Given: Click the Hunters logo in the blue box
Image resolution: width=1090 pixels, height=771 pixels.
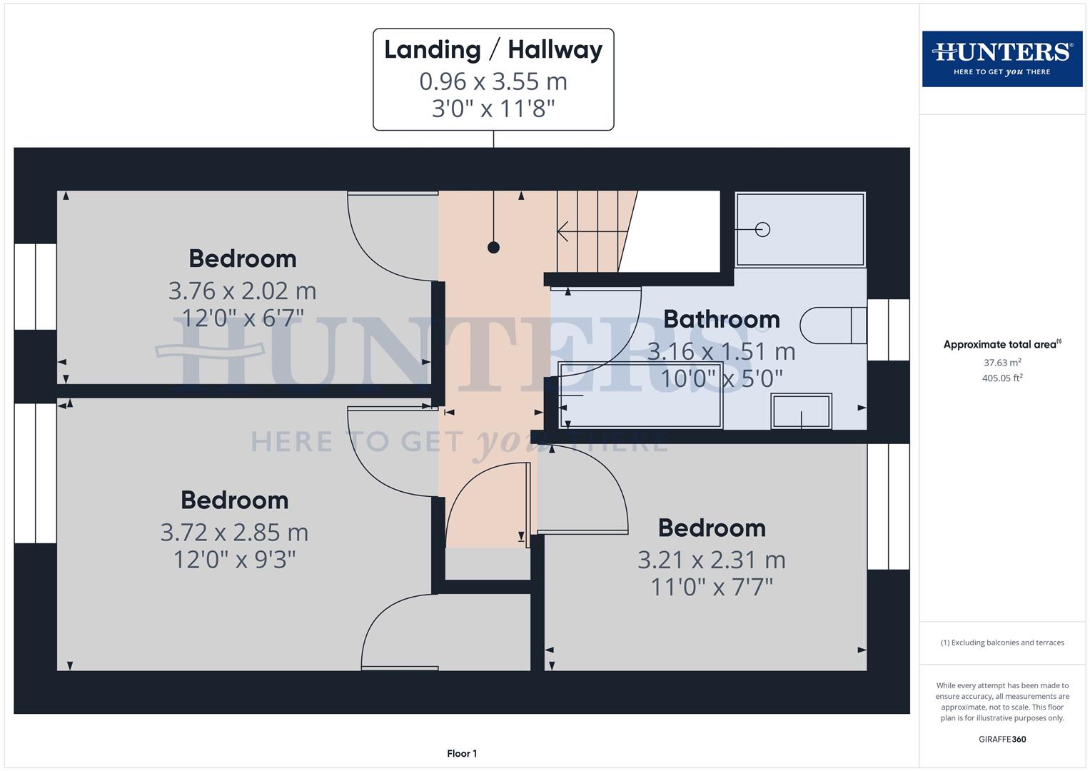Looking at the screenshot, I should point(1001,59).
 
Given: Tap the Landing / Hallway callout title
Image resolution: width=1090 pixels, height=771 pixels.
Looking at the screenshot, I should point(493,50).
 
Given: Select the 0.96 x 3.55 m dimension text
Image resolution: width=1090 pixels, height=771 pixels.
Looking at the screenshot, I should point(493,81).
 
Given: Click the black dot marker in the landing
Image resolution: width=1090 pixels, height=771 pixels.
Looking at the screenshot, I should point(493,248).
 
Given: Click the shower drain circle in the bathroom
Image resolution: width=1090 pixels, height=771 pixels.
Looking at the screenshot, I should point(762,229).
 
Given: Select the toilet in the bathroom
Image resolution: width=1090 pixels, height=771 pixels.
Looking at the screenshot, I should point(832,326).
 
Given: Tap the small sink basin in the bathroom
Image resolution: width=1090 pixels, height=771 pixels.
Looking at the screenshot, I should point(801,411).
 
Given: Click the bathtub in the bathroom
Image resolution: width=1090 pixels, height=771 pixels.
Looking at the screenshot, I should point(640,395).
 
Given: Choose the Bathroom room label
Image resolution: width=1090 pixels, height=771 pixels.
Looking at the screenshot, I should point(721,319).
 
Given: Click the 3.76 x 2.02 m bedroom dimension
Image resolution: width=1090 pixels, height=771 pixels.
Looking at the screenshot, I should point(242,291).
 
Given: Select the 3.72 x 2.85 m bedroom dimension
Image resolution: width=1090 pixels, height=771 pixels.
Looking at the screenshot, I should point(234,533).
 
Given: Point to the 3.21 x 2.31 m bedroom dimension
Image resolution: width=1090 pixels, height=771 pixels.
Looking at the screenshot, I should point(712,560).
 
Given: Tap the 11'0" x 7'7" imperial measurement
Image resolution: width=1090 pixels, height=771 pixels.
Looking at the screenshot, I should point(712,588).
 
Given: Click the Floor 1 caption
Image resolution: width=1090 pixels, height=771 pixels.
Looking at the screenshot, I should point(462,753).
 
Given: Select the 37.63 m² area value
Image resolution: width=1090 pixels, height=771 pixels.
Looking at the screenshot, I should point(1002,363).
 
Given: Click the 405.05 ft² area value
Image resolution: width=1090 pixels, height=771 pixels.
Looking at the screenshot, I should point(1002,378).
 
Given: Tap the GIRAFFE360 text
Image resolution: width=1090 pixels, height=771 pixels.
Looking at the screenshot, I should point(1002,739).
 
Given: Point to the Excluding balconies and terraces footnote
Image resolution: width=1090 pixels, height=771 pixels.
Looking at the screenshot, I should point(1002,642).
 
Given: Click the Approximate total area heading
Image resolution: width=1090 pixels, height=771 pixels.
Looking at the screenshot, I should point(1001,344).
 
